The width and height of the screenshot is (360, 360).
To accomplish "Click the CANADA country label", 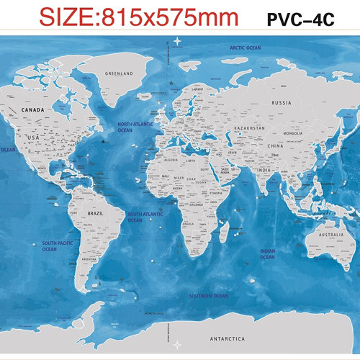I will [x=34, y=110].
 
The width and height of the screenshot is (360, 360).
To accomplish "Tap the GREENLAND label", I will [x=119, y=73].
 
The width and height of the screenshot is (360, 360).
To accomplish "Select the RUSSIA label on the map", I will [x=282, y=103].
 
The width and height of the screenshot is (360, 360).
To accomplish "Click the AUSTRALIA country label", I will [x=331, y=235].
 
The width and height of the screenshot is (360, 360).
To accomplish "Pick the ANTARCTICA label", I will [x=227, y=338].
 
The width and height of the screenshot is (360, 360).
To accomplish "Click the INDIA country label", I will [x=264, y=170].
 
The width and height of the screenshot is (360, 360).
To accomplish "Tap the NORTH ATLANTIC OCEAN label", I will [x=136, y=127].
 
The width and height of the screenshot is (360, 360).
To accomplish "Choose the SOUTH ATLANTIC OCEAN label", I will [x=145, y=217].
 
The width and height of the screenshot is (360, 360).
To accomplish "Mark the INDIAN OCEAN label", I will [x=267, y=254].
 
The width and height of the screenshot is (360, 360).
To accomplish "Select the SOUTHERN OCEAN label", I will [x=208, y=296].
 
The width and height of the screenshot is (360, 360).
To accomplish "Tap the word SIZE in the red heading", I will [x=67, y=17].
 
